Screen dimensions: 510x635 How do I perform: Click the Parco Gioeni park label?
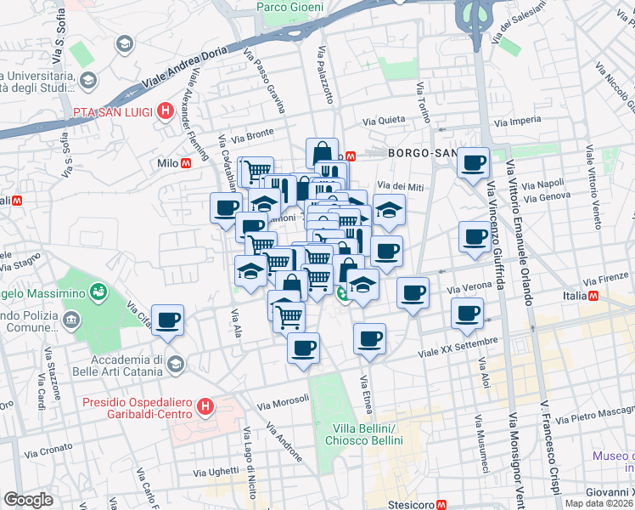tap(290, 7)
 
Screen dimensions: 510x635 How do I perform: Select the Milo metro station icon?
tap(186, 162)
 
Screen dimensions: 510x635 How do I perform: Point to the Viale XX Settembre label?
tap(457, 346)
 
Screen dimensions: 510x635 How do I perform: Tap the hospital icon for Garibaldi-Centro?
tap(205, 408)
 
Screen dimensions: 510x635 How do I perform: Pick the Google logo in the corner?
tap(28, 499)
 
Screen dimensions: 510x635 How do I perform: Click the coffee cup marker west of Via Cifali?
tap(167, 319)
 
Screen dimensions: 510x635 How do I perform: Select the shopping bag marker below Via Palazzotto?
tap(322, 153)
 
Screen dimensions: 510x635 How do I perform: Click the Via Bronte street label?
tap(253, 134)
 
